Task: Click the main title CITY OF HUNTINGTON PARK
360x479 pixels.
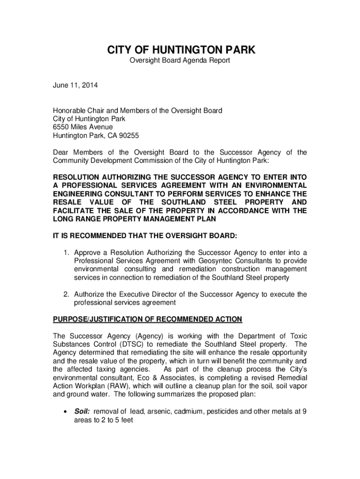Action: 180,50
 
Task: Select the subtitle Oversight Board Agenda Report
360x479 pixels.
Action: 180,61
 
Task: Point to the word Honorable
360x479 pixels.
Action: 69,111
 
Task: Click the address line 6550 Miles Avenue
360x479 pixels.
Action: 83,127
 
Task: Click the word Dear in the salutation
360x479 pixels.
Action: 61,152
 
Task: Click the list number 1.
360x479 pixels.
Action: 67,253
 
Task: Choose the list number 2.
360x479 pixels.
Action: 67,294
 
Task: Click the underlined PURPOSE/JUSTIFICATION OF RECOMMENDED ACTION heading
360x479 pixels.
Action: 147,319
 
